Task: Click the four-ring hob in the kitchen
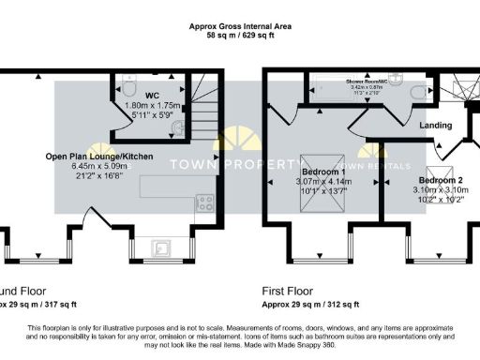tap(202, 201)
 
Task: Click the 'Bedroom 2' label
tap(440, 180)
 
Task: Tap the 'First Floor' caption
tap(291, 291)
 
